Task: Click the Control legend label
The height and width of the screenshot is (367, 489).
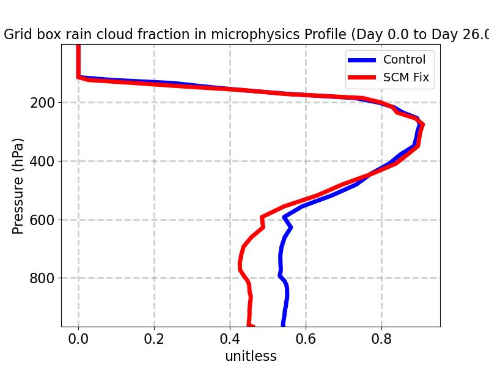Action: point(404,60)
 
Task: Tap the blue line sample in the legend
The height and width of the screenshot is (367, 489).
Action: point(362,60)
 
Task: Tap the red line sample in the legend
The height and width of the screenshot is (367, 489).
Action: point(362,78)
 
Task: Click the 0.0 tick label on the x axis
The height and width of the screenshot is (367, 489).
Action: point(78,339)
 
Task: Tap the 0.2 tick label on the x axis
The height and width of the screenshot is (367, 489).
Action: point(154,339)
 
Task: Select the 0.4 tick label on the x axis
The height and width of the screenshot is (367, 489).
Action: point(230,339)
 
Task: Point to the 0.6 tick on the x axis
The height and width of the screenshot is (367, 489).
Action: point(306,339)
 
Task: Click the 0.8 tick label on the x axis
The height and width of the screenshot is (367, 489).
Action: point(381,339)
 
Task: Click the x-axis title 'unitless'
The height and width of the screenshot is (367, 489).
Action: point(251,356)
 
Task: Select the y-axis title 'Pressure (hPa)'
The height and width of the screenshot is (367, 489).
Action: point(18,185)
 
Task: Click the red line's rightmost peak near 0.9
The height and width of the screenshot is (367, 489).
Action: point(422,125)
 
